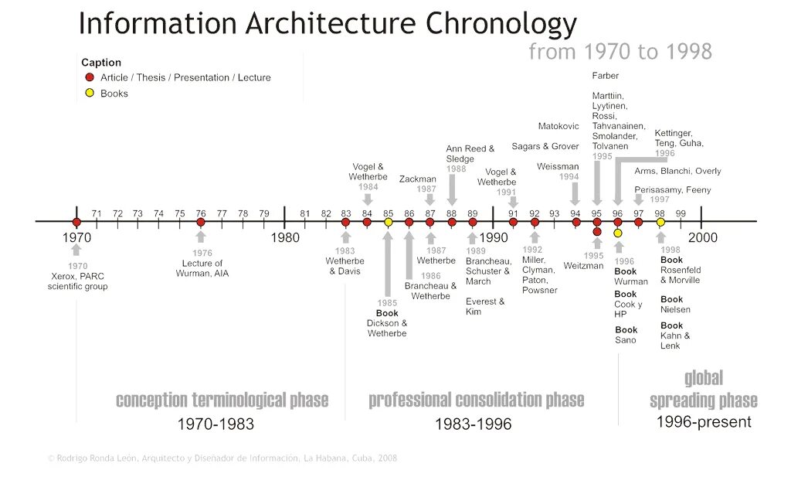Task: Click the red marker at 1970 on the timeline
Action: click(76, 222)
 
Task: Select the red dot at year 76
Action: click(201, 222)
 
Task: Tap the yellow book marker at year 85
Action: click(389, 222)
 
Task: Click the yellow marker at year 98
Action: click(660, 222)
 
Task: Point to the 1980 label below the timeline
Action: click(285, 237)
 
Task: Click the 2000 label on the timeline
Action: click(703, 237)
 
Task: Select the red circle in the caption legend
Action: click(90, 77)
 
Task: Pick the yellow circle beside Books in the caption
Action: click(90, 93)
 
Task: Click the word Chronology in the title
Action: click(501, 24)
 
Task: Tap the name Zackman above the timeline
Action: click(418, 179)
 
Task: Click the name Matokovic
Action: click(558, 126)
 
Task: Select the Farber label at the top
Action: click(606, 76)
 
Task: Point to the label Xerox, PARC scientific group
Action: click(77, 281)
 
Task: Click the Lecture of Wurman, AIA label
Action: click(202, 268)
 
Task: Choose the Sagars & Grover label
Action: click(545, 146)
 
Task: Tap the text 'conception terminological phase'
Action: click(222, 400)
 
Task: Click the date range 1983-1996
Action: click(473, 424)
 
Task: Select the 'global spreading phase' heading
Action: click(703, 390)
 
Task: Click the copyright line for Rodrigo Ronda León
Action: click(222, 458)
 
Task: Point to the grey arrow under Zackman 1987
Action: click(430, 200)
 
